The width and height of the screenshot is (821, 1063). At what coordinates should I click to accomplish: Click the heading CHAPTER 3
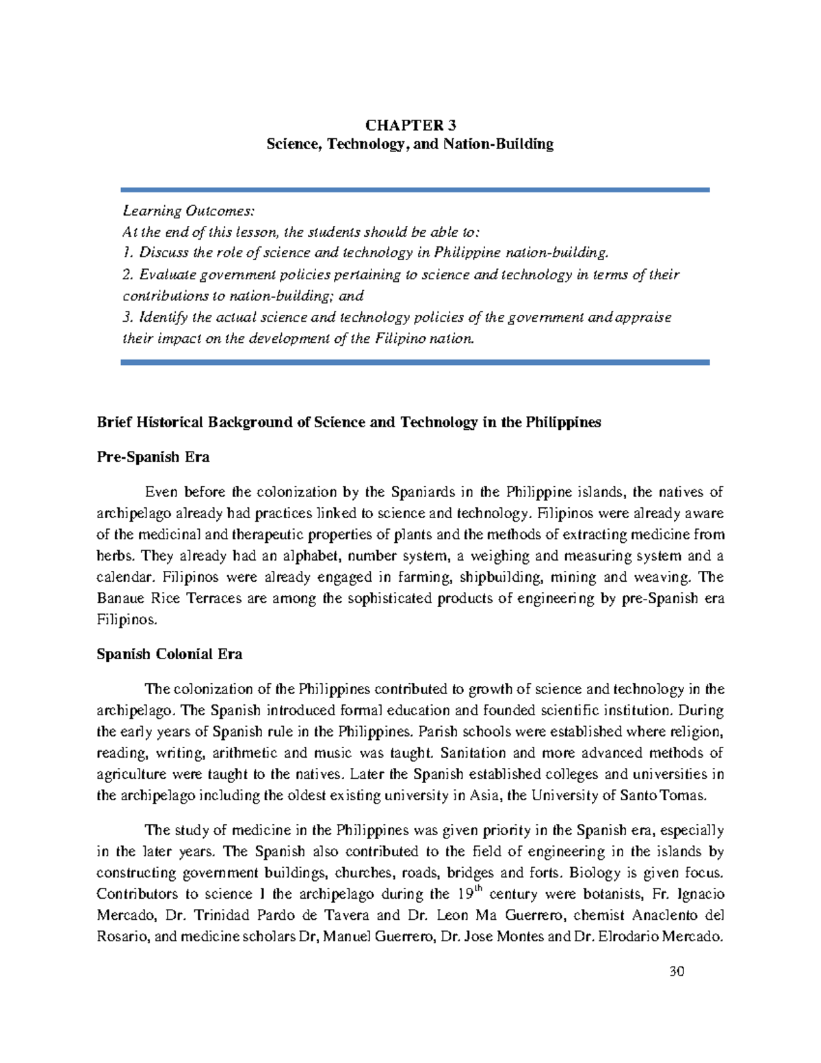pyautogui.click(x=410, y=125)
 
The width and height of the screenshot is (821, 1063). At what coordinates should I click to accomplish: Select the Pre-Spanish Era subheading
pyautogui.click(x=153, y=457)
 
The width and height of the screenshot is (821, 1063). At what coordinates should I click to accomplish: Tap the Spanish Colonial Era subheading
pyautogui.click(x=169, y=654)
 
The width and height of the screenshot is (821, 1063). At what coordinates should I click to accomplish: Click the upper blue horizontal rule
pyautogui.click(x=415, y=190)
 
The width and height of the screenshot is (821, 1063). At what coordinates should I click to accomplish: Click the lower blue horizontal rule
pyautogui.click(x=415, y=362)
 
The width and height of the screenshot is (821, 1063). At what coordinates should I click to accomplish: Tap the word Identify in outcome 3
pyautogui.click(x=164, y=317)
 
